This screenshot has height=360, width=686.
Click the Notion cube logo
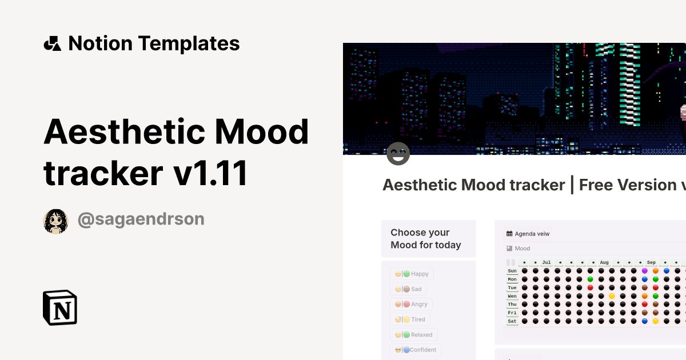click(59, 307)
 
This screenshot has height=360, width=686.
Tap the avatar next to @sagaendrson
click(55, 221)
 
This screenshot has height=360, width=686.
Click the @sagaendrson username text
click(141, 219)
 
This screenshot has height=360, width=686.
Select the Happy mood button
click(412, 274)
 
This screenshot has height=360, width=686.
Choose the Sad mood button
click(408, 289)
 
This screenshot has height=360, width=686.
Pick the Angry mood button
click(411, 305)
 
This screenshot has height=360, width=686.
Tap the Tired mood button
click(410, 319)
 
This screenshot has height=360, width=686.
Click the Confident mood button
click(416, 350)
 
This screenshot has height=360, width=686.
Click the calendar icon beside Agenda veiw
click(509, 234)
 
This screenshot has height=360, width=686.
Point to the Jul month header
click(547, 263)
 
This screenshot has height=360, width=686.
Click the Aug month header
click(604, 263)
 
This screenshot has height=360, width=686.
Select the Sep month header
click(651, 263)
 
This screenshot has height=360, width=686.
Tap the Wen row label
click(512, 296)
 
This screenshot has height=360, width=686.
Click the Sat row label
click(512, 321)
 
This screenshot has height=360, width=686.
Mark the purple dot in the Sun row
click(645, 271)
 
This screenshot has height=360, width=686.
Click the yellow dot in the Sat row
click(656, 321)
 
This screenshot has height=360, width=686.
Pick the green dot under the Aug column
click(591, 279)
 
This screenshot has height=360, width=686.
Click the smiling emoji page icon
click(398, 154)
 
